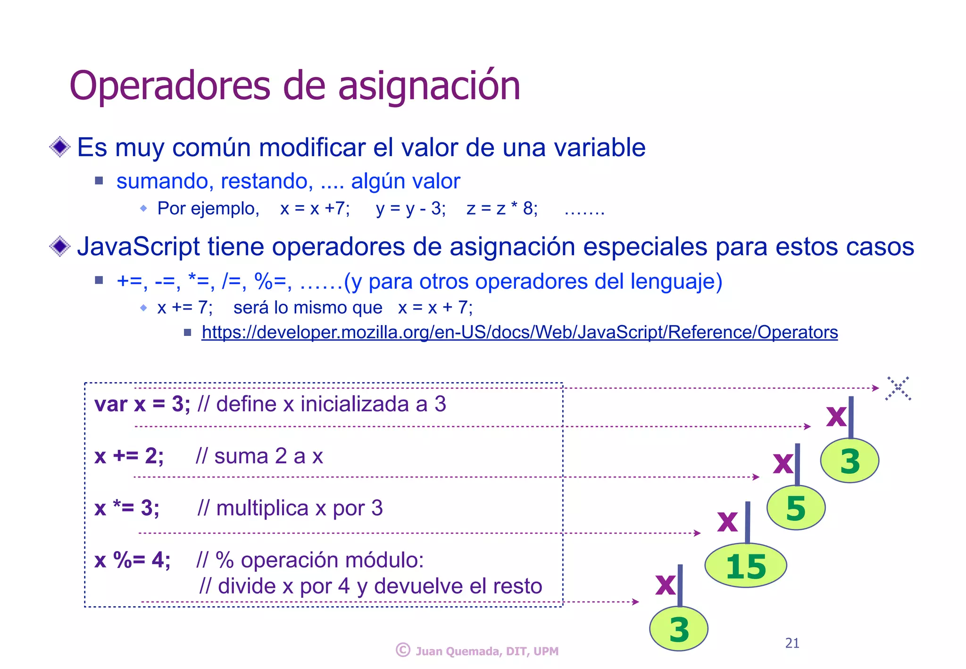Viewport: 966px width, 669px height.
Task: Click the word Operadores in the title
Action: (170, 86)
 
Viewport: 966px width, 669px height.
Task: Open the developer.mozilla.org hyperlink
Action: (519, 333)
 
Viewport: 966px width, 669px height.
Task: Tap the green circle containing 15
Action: (746, 566)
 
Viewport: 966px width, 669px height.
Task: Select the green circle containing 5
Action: (796, 508)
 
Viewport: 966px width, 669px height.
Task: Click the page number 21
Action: (792, 643)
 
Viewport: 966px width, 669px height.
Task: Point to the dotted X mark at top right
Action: (898, 389)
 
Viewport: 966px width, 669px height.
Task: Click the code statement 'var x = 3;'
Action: (142, 404)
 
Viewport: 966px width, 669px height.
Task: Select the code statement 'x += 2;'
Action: (129, 456)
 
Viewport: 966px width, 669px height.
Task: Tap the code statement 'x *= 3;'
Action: (127, 509)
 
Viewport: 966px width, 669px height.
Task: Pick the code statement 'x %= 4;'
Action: (132, 560)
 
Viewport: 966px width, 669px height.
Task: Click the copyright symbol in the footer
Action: (403, 650)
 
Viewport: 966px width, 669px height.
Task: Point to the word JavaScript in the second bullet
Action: (138, 247)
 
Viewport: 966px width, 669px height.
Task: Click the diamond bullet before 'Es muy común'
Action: (60, 147)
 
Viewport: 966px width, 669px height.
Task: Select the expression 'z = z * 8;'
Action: (502, 209)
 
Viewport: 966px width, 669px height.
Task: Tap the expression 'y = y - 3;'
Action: (410, 209)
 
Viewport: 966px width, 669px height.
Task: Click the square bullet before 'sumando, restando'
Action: (99, 181)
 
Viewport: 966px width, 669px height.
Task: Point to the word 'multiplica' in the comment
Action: (262, 509)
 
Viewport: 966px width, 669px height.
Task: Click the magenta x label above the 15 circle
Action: (727, 520)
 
